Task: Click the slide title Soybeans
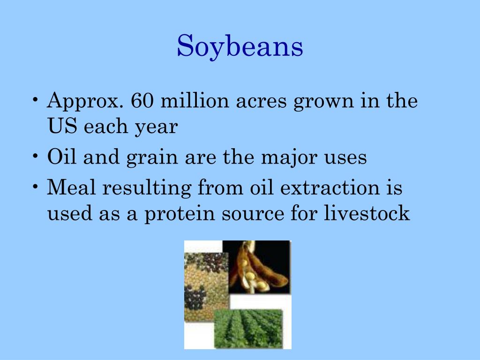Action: pos(240,47)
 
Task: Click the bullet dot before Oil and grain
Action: pos(37,157)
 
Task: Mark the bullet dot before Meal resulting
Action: pos(37,187)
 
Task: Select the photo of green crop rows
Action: pos(248,328)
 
